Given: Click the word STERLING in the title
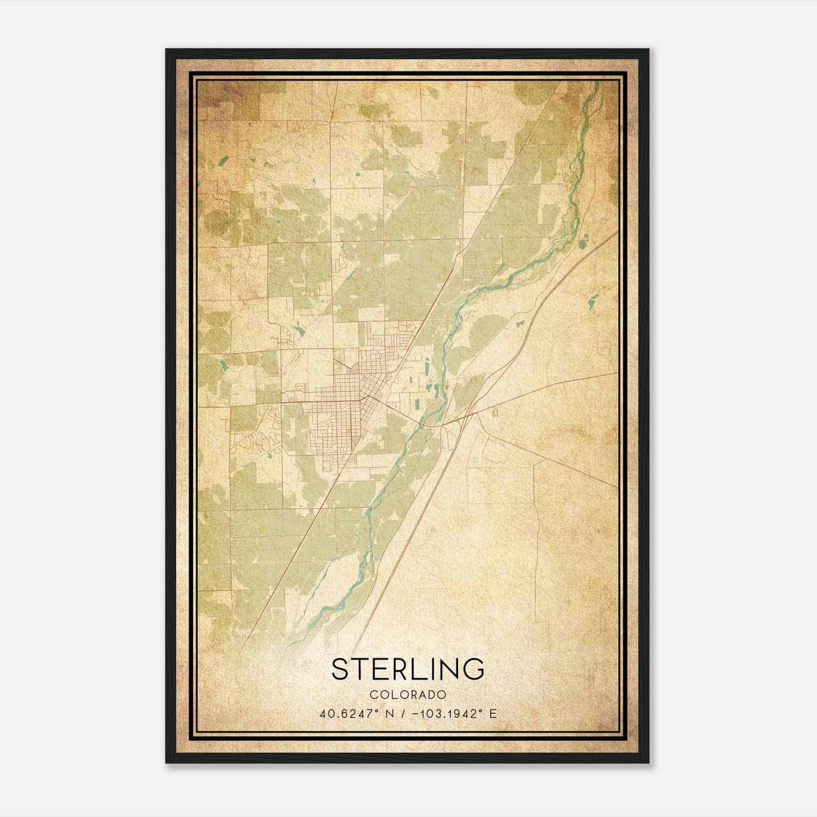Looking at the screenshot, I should click(408, 669).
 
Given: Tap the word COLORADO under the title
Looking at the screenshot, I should click(408, 695).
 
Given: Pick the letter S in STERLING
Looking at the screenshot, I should click(341, 669).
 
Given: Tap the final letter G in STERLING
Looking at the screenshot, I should click(474, 669).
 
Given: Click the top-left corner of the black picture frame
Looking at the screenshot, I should click(166, 50).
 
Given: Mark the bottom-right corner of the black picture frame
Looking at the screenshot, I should click(648, 762).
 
